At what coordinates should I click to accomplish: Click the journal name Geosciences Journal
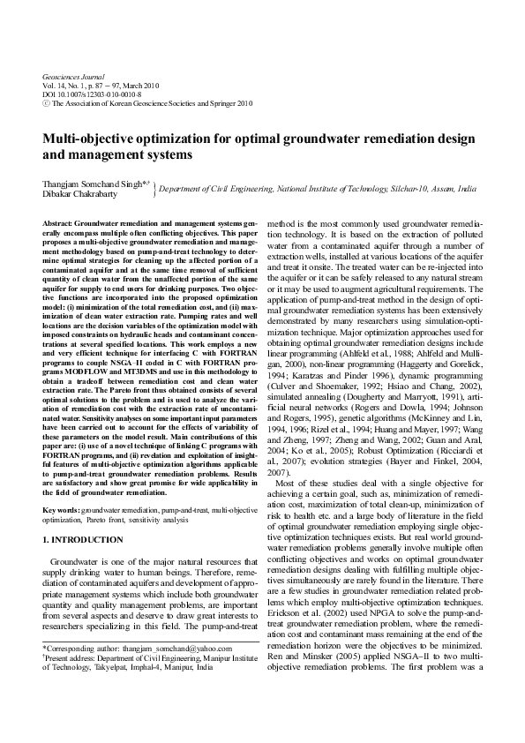74,77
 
